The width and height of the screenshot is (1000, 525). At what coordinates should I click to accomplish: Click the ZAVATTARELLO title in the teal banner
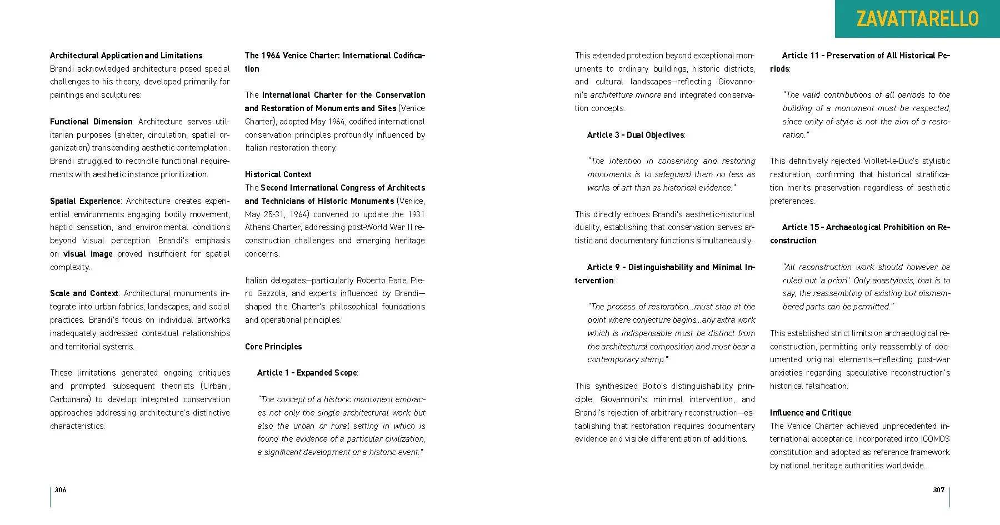917,19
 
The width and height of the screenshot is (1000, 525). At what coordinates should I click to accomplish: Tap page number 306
61,489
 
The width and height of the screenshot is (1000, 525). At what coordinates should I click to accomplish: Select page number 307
938,489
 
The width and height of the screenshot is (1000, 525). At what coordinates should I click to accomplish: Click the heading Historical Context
278,174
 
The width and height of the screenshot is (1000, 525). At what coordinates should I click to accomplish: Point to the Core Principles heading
273,347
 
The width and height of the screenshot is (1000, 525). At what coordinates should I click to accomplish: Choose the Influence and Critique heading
810,413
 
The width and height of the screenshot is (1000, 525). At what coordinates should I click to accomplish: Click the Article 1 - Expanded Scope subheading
307,373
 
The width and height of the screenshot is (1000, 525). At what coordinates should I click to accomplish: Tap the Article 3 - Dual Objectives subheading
636,135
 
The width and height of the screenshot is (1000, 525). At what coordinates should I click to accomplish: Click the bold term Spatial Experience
85,201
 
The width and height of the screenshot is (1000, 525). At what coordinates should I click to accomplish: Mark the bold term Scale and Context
84,293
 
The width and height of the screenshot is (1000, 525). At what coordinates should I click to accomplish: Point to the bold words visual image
88,254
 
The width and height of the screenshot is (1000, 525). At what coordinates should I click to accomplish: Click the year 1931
416,214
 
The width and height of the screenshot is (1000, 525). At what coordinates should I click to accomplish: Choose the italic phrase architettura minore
625,95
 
